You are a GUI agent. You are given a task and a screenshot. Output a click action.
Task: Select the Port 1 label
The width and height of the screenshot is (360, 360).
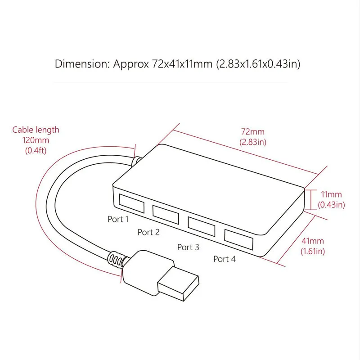coord(118,219)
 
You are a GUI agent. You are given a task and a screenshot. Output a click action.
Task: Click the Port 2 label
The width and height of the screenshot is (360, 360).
coord(148,232)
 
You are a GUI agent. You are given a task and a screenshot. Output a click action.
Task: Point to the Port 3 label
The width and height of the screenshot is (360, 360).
coord(188,247)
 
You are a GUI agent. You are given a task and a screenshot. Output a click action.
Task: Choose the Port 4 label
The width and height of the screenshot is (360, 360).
coord(224,259)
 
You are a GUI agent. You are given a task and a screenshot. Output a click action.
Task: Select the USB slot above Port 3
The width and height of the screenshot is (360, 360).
coord(202,225)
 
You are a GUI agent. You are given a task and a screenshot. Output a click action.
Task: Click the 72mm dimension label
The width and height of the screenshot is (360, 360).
coord(253,132)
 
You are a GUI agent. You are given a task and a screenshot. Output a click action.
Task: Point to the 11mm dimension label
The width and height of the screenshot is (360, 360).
coord(331,195)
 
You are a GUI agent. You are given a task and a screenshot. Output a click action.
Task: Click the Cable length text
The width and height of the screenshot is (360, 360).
coord(36,130)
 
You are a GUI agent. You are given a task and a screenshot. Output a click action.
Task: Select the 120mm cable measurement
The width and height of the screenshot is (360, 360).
coord(36,140)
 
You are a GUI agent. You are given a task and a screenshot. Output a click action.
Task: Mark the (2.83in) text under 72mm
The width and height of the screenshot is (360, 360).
coord(253,142)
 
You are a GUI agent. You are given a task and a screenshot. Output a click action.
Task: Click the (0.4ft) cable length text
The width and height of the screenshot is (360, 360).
coord(36,150)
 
